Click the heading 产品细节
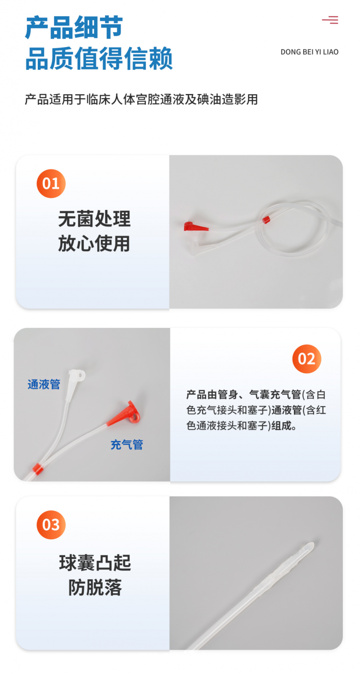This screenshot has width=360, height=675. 74,28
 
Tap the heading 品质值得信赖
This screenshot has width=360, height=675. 99,59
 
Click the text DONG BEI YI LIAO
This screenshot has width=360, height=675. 309,52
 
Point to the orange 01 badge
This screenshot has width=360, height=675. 51,183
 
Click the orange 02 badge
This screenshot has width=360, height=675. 306,358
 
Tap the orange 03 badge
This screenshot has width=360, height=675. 51,525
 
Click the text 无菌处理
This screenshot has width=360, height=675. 94,219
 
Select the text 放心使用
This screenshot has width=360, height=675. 94,244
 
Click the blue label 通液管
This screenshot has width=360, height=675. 44,384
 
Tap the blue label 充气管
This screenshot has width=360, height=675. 127,445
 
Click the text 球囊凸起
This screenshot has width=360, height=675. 95,563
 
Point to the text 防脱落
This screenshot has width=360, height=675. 95,587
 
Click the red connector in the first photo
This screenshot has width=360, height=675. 194,226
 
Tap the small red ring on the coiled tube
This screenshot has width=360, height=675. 266,219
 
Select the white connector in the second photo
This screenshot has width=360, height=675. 76,379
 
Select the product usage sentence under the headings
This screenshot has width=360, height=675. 141,99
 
